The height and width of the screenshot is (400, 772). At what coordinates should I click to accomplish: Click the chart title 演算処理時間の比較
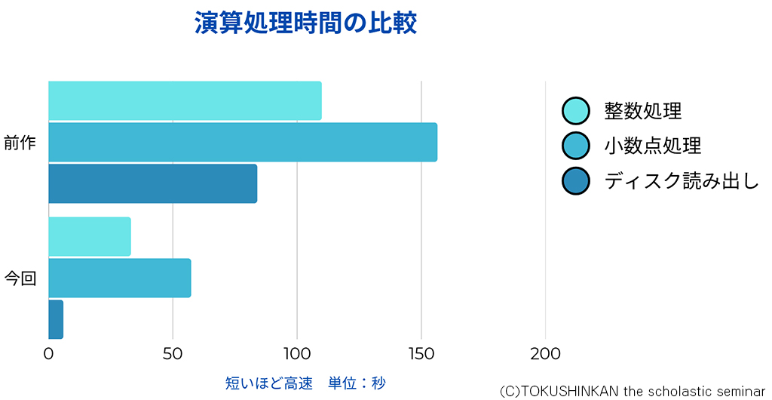(x=305, y=23)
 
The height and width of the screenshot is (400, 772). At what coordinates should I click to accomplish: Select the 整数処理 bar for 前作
(x=185, y=100)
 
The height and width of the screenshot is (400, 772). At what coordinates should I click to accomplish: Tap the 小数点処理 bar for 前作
(x=242, y=142)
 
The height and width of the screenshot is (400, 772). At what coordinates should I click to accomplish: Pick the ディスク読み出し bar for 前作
(x=152, y=183)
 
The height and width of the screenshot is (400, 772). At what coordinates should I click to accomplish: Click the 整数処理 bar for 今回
(x=89, y=236)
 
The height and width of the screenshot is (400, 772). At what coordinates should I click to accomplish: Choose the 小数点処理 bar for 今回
(x=119, y=278)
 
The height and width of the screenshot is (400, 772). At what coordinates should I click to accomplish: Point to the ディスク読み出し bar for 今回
(x=56, y=319)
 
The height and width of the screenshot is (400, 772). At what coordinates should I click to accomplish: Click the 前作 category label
(x=20, y=143)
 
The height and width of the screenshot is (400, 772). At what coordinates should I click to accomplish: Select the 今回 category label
(x=20, y=278)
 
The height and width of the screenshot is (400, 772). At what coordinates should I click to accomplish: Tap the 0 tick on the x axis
(x=48, y=353)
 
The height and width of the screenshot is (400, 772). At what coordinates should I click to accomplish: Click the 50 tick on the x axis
(x=173, y=353)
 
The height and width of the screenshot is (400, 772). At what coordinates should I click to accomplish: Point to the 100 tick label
(x=297, y=353)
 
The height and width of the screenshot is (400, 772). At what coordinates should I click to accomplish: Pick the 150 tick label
(x=421, y=353)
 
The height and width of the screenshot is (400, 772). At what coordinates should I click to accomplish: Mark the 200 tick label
(x=545, y=353)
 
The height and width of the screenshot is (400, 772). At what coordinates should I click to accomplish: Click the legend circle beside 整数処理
(x=575, y=111)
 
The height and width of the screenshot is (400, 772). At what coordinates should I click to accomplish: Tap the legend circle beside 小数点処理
(x=575, y=146)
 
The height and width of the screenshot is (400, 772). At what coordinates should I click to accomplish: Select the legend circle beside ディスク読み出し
(x=575, y=180)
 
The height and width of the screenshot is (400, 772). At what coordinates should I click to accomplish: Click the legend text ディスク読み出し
(x=681, y=181)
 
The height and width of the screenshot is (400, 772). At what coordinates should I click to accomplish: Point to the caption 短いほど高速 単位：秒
(x=305, y=383)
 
